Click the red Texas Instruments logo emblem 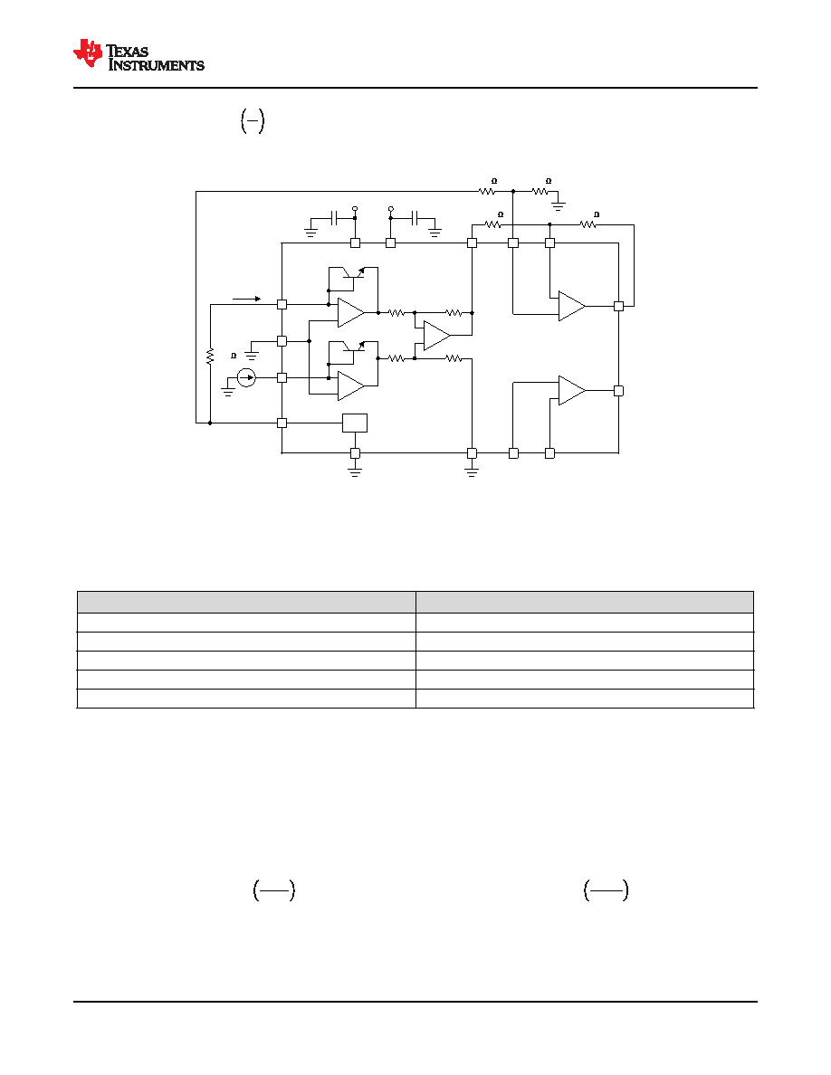(x=88, y=53)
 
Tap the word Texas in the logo (x=128, y=52)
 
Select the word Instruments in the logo (x=157, y=65)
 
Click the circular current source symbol (x=246, y=377)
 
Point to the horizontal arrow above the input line (x=247, y=299)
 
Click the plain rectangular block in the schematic (x=355, y=423)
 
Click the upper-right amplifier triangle (x=572, y=307)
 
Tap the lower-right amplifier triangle (x=572, y=391)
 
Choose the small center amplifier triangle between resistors (x=437, y=335)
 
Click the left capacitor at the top (x=334, y=218)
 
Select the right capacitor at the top (x=415, y=218)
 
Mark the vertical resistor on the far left (x=210, y=356)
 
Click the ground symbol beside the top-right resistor (x=559, y=205)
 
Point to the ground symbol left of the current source (x=227, y=392)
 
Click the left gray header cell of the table (x=246, y=602)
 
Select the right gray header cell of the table (x=585, y=602)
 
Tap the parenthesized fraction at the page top (x=253, y=121)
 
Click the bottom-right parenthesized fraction (x=607, y=890)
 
